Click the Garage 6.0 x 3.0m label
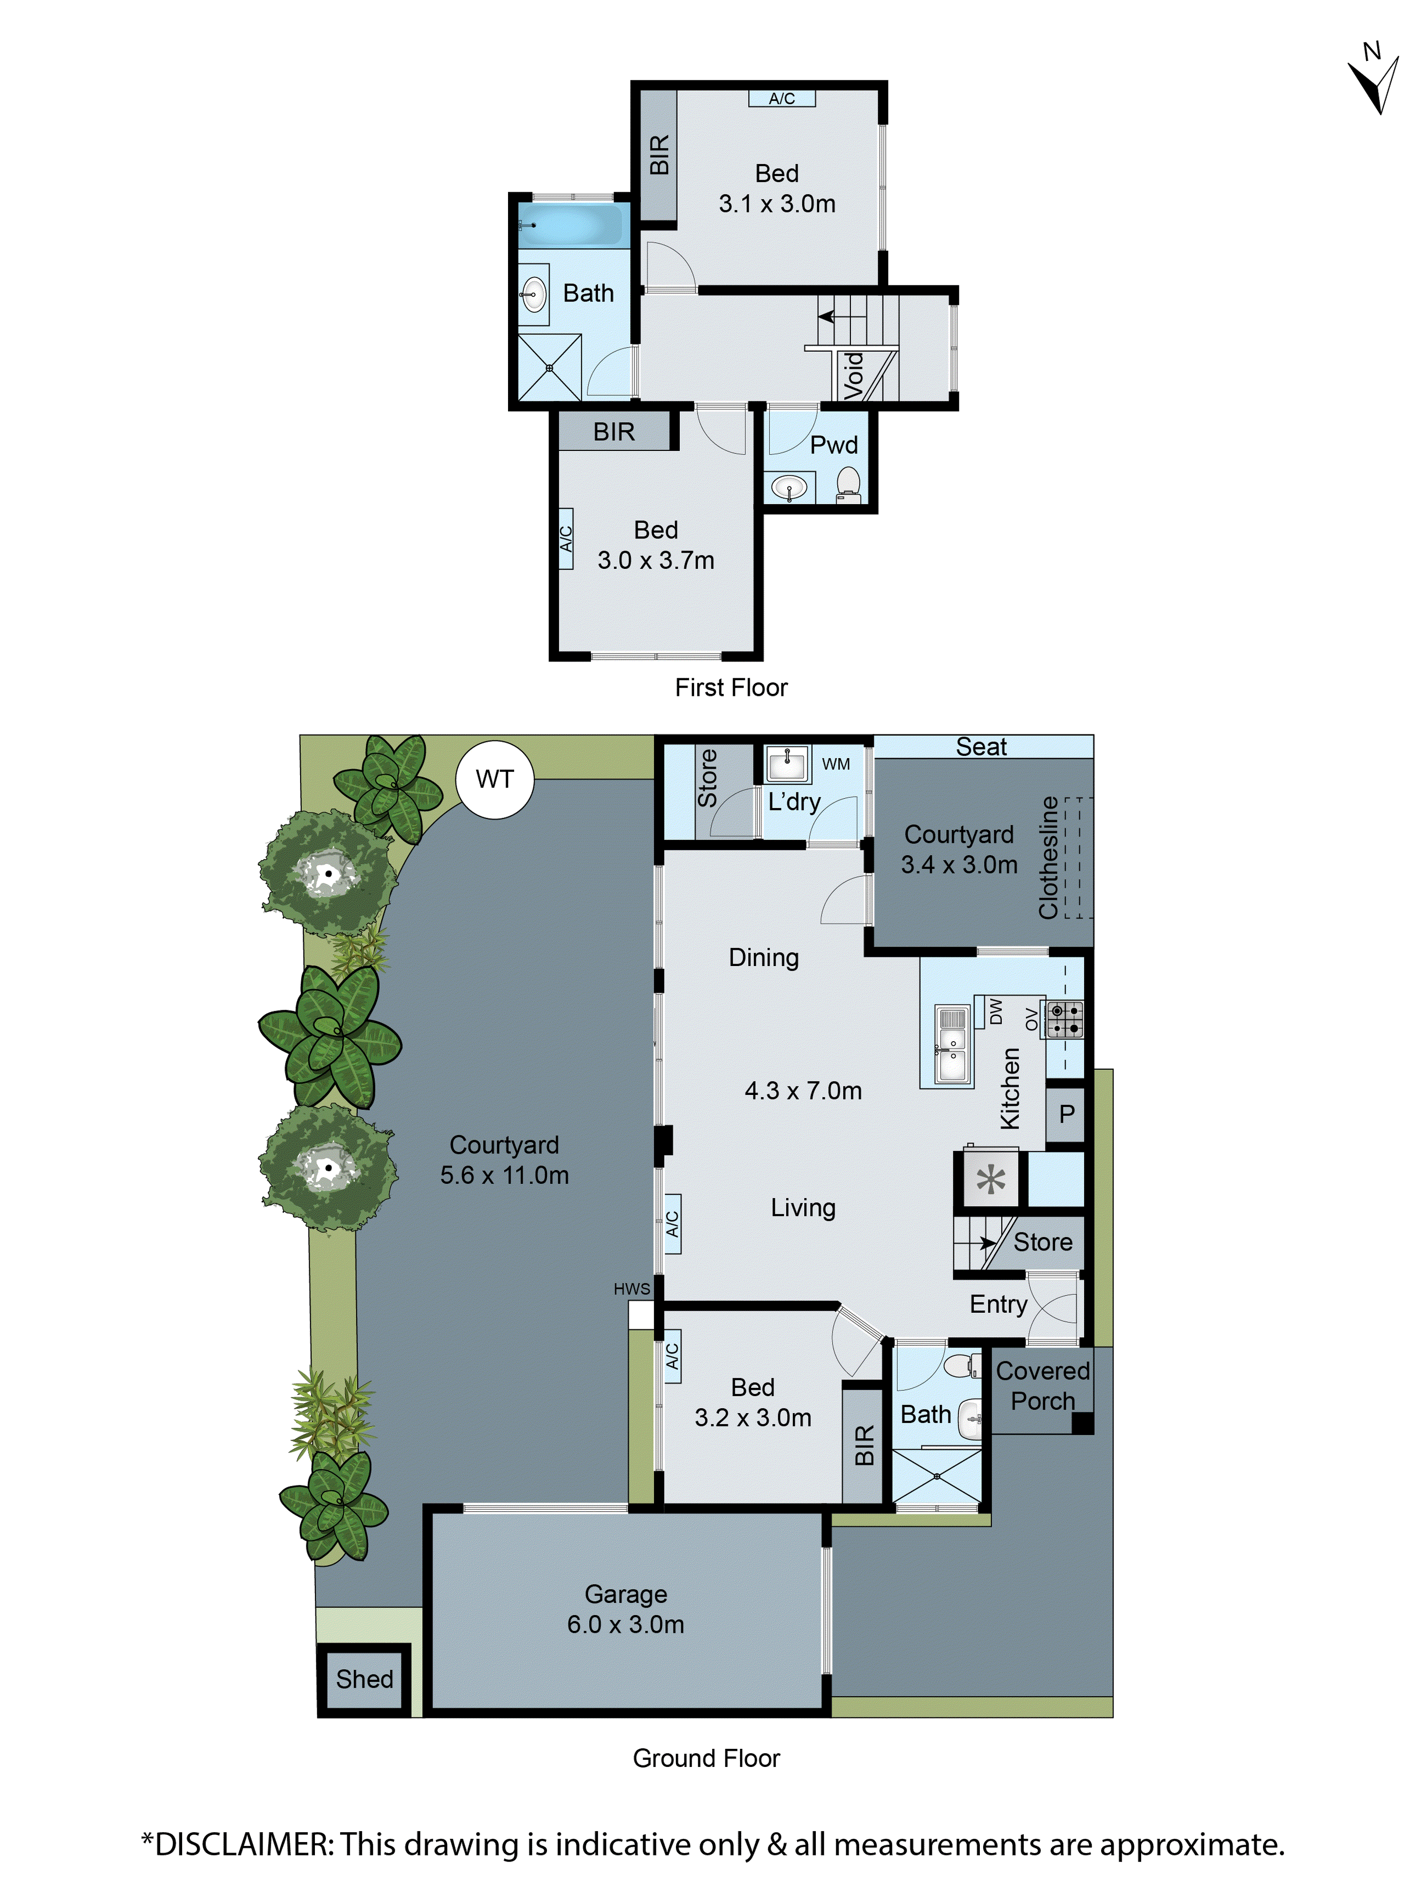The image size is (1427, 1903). (626, 1609)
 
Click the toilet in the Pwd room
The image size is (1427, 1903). (848, 484)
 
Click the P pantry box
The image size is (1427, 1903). (1066, 1114)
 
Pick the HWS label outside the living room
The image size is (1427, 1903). (631, 1289)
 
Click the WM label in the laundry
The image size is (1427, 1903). (835, 764)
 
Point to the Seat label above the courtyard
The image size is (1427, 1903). (980, 747)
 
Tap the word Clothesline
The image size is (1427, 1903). (1048, 857)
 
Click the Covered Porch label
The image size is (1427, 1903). (1043, 1386)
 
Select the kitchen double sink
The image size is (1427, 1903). (951, 1045)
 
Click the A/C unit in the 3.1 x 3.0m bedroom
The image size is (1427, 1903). (781, 99)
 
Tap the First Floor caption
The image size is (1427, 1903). (730, 687)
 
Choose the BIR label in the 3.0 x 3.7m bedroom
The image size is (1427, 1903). (613, 432)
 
